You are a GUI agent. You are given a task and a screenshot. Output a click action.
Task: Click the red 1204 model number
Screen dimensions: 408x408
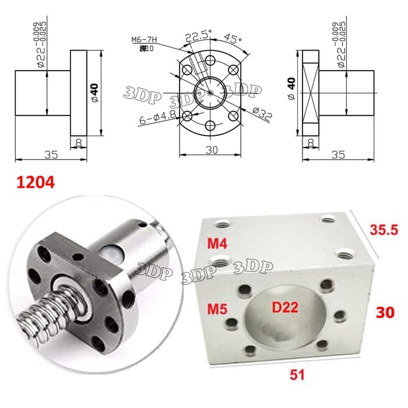[34, 182]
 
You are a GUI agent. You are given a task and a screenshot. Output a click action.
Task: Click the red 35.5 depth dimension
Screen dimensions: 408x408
[384, 230]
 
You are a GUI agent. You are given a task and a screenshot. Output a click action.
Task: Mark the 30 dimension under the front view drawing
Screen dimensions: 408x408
[210, 150]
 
